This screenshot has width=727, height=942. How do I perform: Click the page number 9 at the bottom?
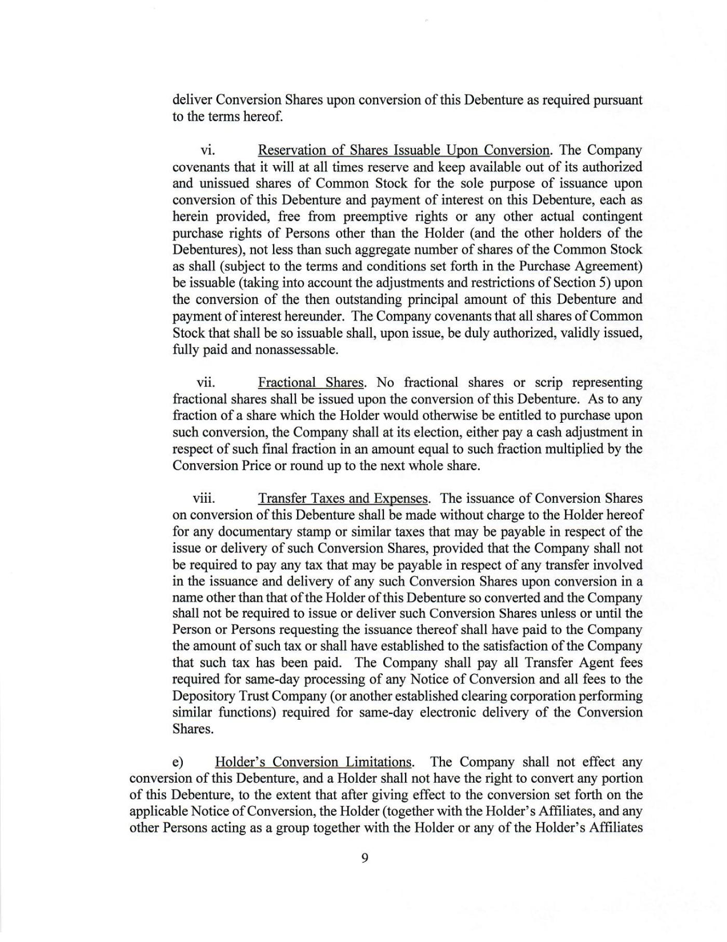364,858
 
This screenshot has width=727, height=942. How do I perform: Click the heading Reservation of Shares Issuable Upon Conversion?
403,150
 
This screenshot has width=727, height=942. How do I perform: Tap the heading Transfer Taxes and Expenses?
343,499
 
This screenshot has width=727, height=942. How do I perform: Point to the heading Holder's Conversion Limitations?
314,762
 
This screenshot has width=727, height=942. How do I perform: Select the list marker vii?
206,383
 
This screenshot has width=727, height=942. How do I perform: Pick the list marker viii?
204,499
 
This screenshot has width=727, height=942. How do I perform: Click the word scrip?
547,383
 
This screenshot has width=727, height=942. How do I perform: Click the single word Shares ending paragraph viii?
193,729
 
